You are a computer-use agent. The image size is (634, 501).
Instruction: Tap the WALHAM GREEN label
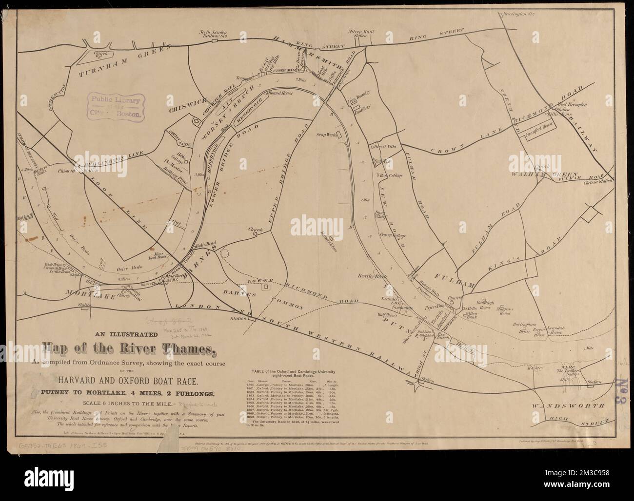coord(544,174)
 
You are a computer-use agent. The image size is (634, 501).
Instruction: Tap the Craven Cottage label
coord(394,235)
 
